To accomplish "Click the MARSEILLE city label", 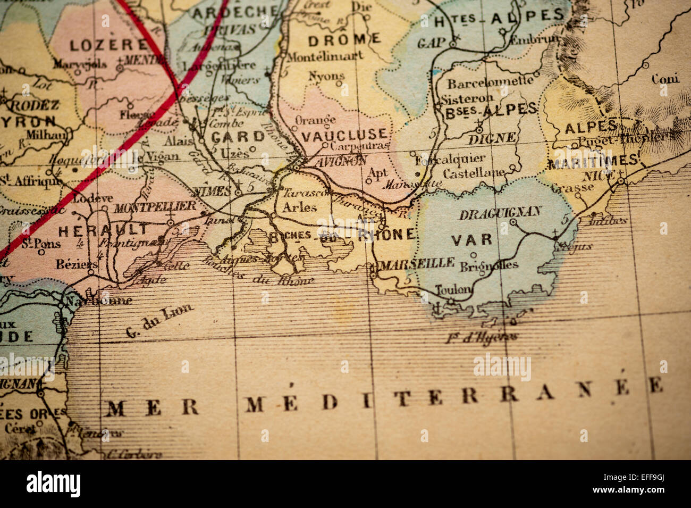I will pos(418,262).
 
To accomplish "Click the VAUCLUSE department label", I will pos(344,135).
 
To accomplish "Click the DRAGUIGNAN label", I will pos(500,213).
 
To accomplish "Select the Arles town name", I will pos(299,207).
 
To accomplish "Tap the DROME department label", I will pos(344,38).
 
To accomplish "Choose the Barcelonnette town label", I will pos(490,82).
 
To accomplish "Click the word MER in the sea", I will pos(153,407).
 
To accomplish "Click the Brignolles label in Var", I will pos(490,265).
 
